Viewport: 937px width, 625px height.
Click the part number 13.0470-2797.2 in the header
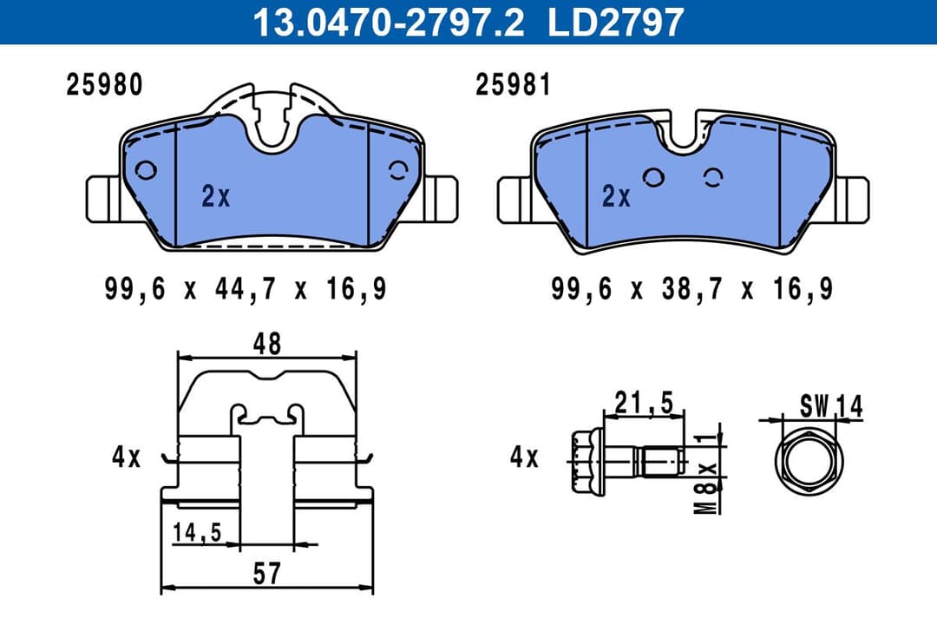pos(388,22)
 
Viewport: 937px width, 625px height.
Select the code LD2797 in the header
pos(616,22)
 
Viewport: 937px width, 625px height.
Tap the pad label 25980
pos(105,85)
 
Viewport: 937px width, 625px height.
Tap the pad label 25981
pos(513,85)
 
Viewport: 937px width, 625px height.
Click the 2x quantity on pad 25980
pos(216,197)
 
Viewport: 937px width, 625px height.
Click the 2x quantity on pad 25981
pos(616,197)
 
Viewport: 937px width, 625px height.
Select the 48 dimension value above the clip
pos(267,344)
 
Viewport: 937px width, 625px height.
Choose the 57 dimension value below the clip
pos(267,572)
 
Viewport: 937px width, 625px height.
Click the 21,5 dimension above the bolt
pos(644,401)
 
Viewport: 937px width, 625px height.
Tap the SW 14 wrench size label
pos(832,405)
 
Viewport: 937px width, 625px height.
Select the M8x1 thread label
pos(710,473)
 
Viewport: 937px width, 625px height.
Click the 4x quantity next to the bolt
pos(524,457)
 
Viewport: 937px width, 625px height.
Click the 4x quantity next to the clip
pos(126,457)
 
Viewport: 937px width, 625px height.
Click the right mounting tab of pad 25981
pos(854,199)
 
